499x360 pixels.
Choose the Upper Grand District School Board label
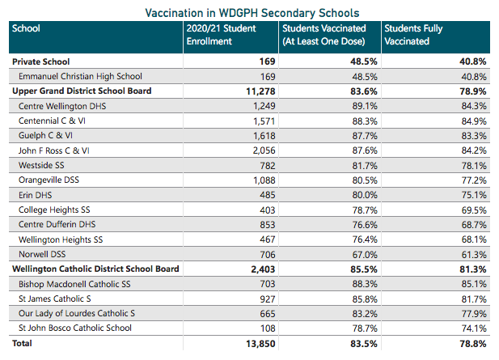pyautogui.click(x=82, y=91)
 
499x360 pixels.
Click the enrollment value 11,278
pyautogui.click(x=256, y=91)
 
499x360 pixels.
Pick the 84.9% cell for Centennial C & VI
pyautogui.click(x=473, y=121)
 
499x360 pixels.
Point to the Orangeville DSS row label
pyautogui.click(x=49, y=180)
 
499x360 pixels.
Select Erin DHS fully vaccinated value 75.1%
pyautogui.click(x=473, y=195)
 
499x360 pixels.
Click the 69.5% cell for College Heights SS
pyautogui.click(x=473, y=210)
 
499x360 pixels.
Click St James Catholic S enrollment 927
pyautogui.click(x=264, y=299)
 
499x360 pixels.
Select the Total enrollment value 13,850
pyautogui.click(x=256, y=344)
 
